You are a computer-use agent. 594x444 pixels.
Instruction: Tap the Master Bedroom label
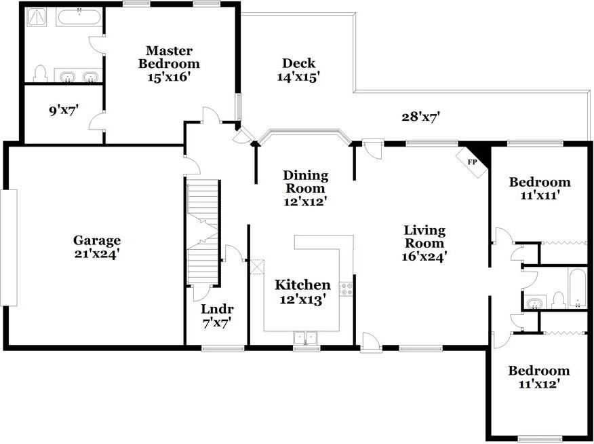tap(170, 63)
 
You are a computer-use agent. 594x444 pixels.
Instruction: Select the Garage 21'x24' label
tap(97, 246)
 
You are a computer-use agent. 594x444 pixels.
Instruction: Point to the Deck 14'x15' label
tap(298, 70)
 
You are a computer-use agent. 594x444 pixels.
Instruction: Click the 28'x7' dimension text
tap(420, 117)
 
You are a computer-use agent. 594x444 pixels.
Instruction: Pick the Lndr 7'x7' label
tap(217, 315)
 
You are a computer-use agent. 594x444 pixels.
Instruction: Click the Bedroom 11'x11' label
tap(540, 188)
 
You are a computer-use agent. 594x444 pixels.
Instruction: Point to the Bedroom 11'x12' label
tap(540, 377)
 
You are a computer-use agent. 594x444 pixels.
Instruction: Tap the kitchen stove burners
tap(346, 289)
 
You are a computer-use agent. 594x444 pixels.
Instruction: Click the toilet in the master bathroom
tap(40, 73)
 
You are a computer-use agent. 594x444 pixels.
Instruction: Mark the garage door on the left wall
tap(8, 247)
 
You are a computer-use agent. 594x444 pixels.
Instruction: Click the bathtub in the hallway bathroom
tap(576, 289)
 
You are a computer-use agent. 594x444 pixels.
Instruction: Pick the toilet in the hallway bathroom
tap(559, 299)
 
